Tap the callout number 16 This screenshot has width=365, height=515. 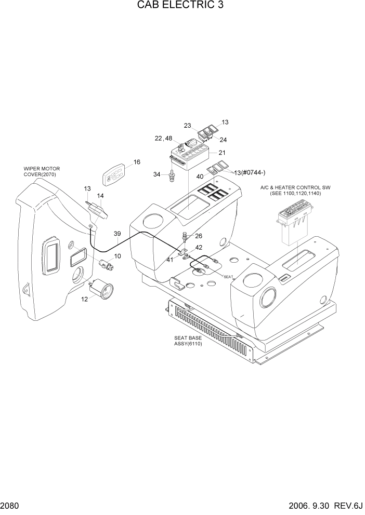click(137, 162)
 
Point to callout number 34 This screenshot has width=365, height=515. click(157, 174)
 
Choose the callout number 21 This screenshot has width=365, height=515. click(222, 153)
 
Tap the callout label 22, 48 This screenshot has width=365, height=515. click(163, 138)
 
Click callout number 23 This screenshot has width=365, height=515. click(187, 125)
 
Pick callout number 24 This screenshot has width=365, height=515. click(223, 140)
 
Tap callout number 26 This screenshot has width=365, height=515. click(198, 236)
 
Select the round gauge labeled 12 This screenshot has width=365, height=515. click(102, 290)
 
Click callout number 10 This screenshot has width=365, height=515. click(118, 256)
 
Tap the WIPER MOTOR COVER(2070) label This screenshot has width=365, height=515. click(42, 172)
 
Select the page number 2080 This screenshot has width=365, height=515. click(11, 506)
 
